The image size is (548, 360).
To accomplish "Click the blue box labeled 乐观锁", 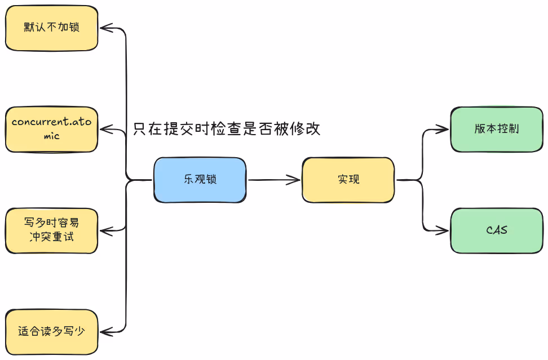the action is point(200,180).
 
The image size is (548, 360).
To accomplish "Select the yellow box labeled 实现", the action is point(348,180).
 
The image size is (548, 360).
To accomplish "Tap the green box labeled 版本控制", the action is point(497,129).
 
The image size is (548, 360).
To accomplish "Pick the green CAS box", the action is point(497,230).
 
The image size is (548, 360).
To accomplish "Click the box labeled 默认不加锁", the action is point(51,28).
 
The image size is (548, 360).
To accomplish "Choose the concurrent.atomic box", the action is point(51,129).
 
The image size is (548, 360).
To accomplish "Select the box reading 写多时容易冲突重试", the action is point(51,230).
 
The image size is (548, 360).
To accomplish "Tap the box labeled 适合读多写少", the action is point(51,332).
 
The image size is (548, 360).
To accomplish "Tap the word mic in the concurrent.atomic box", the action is point(51,136).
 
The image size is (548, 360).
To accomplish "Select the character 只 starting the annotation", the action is point(140,129).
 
